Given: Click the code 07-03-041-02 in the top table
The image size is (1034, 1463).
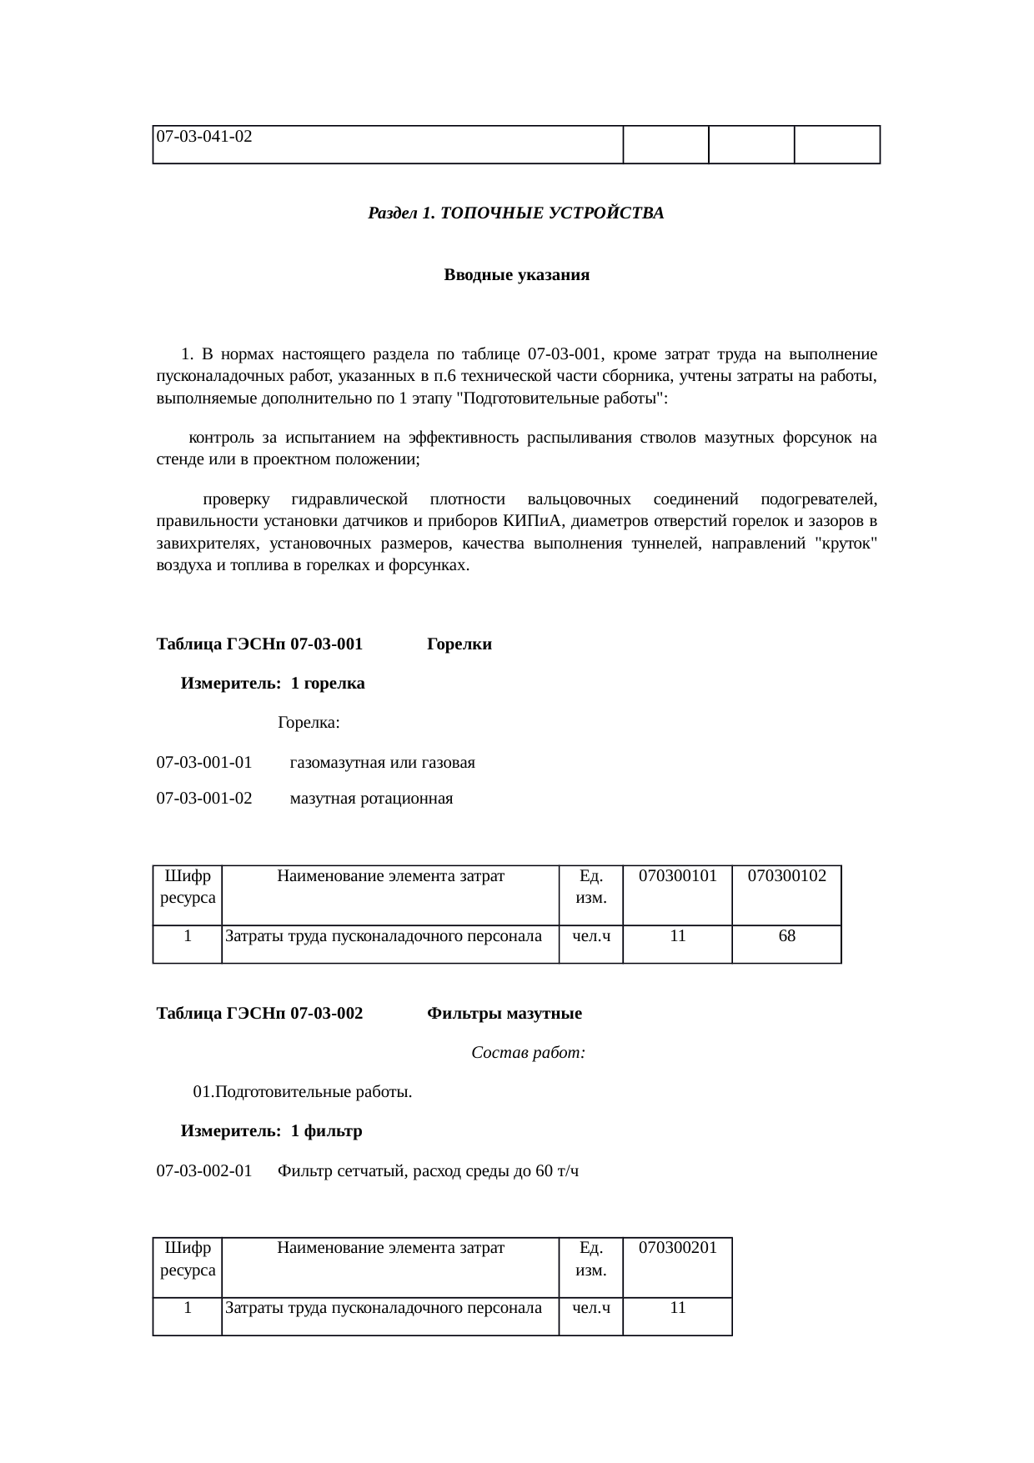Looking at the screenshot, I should pyautogui.click(x=205, y=135).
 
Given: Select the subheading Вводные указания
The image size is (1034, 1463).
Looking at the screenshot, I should pyautogui.click(x=516, y=275).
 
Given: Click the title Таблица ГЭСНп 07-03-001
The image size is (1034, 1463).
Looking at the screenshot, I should pyautogui.click(x=259, y=644).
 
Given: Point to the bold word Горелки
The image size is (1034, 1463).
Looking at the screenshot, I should pyautogui.click(x=459, y=644).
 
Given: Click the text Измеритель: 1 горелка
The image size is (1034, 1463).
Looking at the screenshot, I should pyautogui.click(x=273, y=684).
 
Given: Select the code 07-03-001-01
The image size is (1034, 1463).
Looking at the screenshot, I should pyautogui.click(x=204, y=763).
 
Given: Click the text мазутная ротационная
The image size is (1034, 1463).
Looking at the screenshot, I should pyautogui.click(x=371, y=799).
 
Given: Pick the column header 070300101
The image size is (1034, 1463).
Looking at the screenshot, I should pyautogui.click(x=677, y=876).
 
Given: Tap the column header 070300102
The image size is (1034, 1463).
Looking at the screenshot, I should pyautogui.click(x=786, y=876).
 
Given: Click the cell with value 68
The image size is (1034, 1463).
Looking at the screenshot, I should pyautogui.click(x=786, y=936).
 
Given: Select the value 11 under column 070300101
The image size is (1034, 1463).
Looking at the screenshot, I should pyautogui.click(x=677, y=936).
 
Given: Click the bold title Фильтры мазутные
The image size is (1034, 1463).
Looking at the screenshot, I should pyautogui.click(x=504, y=1014).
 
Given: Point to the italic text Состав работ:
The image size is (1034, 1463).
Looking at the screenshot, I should pyautogui.click(x=528, y=1053).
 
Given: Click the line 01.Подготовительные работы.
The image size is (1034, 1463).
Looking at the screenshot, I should pyautogui.click(x=302, y=1092).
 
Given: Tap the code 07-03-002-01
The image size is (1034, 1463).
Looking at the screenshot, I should pyautogui.click(x=204, y=1171).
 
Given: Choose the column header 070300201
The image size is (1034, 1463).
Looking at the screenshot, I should pyautogui.click(x=677, y=1248).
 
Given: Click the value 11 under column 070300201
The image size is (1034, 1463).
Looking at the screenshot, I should pyautogui.click(x=677, y=1308).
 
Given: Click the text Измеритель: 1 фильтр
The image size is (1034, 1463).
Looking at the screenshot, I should pyautogui.click(x=271, y=1131).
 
